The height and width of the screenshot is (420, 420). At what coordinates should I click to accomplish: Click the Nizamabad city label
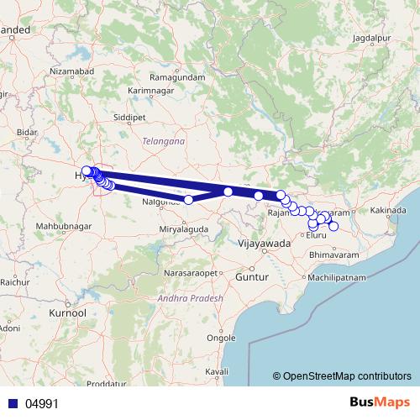click(x=69, y=72)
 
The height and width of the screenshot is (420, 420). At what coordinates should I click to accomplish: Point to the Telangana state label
click(x=164, y=142)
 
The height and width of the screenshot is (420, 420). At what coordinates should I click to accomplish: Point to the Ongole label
click(x=221, y=339)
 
